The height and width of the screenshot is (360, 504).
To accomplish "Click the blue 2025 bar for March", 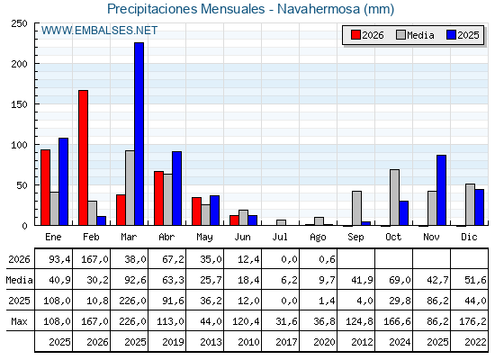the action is click(139, 134).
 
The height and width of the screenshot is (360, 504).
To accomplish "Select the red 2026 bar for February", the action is click(83, 157).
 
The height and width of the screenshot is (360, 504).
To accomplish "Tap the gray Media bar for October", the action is click(395, 197).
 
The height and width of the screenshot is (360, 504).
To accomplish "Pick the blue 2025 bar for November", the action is click(441, 190).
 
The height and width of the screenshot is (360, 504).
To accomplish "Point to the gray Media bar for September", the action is click(356, 208).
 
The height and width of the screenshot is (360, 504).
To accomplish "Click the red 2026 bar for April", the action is click(158, 198).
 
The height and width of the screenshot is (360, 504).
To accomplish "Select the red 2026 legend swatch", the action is click(355, 35).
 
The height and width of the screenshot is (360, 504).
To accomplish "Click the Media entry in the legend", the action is click(415, 35).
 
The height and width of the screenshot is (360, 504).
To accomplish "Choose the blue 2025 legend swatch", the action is click(451, 35).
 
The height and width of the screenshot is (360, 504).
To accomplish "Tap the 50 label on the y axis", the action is click(22, 185).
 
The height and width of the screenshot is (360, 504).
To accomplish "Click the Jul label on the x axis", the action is click(280, 237).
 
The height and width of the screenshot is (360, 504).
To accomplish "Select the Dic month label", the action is click(469, 237).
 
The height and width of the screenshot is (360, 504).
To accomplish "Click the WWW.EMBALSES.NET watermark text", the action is click(99, 31).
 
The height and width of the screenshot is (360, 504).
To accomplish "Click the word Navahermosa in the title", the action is click(319, 9).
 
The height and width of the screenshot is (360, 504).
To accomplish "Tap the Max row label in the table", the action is click(19, 321).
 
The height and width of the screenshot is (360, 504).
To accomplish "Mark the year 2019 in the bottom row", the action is click(173, 342).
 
